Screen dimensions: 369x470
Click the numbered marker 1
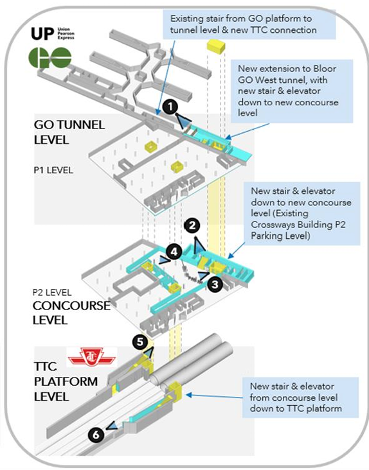click(x=170, y=107)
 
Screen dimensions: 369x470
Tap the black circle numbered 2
click(x=192, y=225)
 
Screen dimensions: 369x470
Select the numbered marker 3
click(x=215, y=284)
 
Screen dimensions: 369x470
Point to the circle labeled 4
click(x=174, y=252)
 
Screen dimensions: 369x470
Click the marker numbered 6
click(x=96, y=434)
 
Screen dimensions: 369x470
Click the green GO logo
click(x=50, y=58)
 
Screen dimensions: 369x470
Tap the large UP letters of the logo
click(x=42, y=34)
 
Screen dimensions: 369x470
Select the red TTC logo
click(x=91, y=357)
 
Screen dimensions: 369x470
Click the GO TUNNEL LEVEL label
click(x=69, y=132)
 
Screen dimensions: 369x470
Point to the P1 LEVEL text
click(x=53, y=170)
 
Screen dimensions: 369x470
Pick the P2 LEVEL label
click(x=52, y=292)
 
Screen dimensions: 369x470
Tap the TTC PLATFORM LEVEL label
click(x=66, y=381)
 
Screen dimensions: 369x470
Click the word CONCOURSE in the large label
click(x=72, y=306)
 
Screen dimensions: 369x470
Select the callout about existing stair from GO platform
click(x=249, y=24)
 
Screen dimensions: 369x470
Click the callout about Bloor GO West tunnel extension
click(x=292, y=91)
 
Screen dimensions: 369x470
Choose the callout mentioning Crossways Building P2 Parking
click(x=301, y=213)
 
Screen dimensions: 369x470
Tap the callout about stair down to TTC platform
click(x=300, y=397)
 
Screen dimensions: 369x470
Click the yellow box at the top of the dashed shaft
click(x=216, y=47)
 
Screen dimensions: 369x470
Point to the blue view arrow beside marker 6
click(x=111, y=426)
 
